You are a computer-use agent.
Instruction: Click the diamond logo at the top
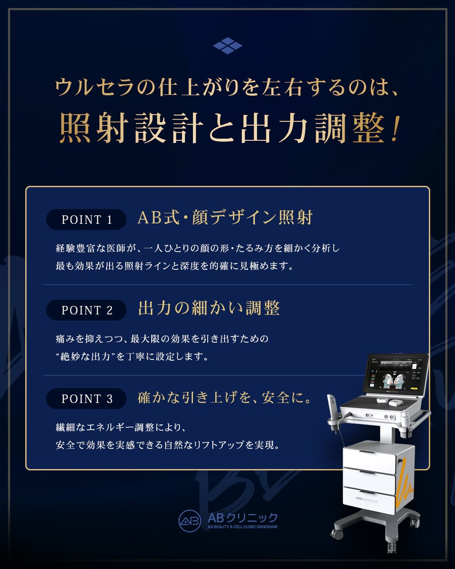click(x=227, y=46)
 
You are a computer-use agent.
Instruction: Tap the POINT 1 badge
click(x=87, y=220)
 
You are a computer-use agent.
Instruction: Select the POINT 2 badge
click(x=87, y=310)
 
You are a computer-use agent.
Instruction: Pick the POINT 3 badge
click(x=87, y=399)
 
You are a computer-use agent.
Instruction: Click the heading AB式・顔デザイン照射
click(x=225, y=218)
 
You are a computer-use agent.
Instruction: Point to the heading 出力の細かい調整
click(x=209, y=309)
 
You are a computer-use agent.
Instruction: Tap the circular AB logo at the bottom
click(x=190, y=521)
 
